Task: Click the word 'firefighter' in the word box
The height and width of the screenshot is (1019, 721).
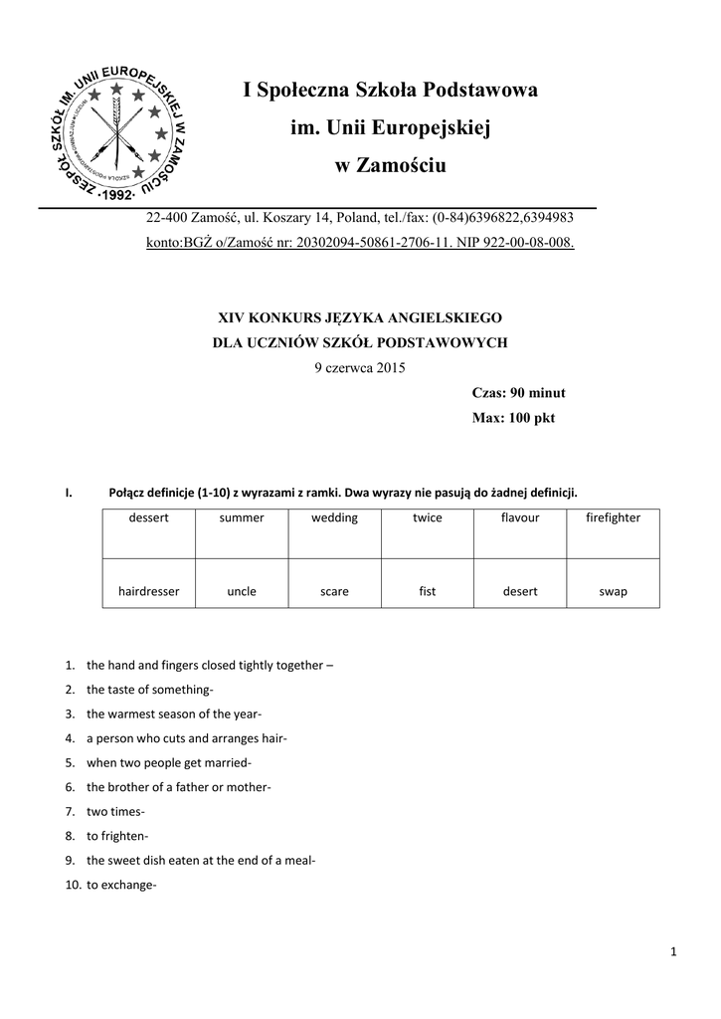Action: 613,518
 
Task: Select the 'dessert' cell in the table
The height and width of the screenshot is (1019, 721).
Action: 149,518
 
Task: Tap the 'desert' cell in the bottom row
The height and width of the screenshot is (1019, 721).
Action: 520,592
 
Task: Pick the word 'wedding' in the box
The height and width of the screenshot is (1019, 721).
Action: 334,518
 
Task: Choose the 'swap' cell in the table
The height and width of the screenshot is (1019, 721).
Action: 613,592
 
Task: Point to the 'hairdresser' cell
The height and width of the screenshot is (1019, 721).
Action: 149,592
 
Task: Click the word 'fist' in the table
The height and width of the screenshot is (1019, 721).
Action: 428,592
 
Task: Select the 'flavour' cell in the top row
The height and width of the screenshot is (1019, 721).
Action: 520,518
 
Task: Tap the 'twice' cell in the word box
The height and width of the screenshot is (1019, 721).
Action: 428,518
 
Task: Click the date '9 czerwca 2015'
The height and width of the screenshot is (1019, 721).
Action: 360,367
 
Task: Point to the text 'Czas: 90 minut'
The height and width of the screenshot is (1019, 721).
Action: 518,393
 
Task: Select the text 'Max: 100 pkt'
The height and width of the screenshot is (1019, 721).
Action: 513,418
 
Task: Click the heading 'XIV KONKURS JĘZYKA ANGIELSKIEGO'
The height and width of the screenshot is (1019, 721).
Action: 360,317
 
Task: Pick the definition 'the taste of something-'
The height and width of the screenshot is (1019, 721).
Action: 150,690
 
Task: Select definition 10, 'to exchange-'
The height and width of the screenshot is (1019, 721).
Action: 121,886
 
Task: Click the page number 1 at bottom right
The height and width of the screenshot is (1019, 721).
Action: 673,954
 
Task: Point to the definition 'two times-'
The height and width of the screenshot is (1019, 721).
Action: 115,812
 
